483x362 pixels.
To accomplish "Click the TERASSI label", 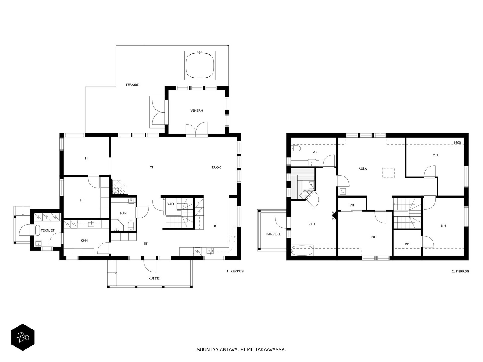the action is point(133,85).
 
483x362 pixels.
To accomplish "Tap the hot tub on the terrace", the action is point(200,65).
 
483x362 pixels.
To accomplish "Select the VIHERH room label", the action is point(197,110).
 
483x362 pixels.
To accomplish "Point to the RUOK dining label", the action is point(216,167).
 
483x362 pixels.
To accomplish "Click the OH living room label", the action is point(152,167).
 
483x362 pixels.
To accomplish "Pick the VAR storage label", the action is point(171,204).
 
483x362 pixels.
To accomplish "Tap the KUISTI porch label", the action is point(154,278).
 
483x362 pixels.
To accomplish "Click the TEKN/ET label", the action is point(47,230).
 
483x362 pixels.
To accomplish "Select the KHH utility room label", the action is point(84,240).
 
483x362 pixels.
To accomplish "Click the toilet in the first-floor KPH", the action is point(131,226).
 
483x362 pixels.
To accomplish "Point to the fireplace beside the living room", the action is point(119,187).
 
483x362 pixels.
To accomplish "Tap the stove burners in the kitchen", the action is point(233,239).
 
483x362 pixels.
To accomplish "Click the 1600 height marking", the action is point(457,143).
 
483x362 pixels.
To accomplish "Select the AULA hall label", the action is point(363,169).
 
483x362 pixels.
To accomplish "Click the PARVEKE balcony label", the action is point(273,234).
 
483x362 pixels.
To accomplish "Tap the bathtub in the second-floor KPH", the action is point(302,250).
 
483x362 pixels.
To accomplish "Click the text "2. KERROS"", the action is point(460,271).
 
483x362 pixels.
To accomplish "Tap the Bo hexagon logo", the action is point(23,337).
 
